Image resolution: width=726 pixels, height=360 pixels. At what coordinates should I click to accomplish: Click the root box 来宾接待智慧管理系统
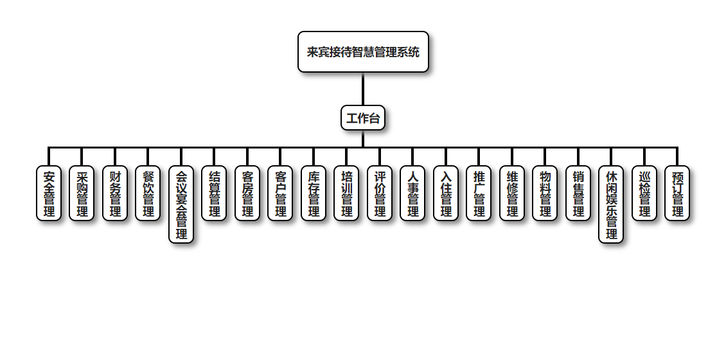pyautogui.click(x=363, y=52)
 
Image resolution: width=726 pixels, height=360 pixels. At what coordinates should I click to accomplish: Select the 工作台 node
pyautogui.click(x=363, y=118)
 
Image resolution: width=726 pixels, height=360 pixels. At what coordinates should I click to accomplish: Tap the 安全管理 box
pyautogui.click(x=49, y=194)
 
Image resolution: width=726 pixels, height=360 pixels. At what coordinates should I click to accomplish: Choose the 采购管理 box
pyautogui.click(x=82, y=194)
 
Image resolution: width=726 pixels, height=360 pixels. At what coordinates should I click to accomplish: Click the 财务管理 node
pyautogui.click(x=115, y=194)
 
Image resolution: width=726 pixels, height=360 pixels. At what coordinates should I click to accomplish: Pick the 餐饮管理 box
pyautogui.click(x=148, y=194)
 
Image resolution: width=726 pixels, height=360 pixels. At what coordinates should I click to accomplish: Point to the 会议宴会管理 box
pyautogui.click(x=181, y=204)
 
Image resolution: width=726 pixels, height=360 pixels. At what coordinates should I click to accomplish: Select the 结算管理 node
pyautogui.click(x=214, y=194)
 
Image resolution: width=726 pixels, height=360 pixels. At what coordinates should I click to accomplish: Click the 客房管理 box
pyautogui.click(x=247, y=194)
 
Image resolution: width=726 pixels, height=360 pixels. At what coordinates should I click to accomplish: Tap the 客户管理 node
pyautogui.click(x=280, y=194)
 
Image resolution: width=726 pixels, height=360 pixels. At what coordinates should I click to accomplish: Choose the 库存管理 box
pyautogui.click(x=314, y=194)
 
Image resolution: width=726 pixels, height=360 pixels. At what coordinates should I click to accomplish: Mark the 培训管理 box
pyautogui.click(x=346, y=194)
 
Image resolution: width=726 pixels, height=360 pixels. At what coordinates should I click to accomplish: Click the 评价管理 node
pyautogui.click(x=380, y=194)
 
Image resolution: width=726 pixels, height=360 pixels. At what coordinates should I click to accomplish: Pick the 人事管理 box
pyautogui.click(x=412, y=194)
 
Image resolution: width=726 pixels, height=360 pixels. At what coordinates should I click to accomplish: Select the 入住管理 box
pyautogui.click(x=446, y=194)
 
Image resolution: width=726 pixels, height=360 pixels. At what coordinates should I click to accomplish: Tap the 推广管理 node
pyautogui.click(x=479, y=194)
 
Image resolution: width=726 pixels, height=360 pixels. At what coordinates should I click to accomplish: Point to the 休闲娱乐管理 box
pyautogui.click(x=611, y=204)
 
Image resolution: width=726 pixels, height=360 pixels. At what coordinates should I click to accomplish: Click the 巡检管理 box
pyautogui.click(x=644, y=194)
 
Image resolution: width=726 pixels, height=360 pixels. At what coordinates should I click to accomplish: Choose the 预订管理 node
pyautogui.click(x=677, y=194)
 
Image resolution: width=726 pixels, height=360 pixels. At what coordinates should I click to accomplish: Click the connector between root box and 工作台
pyautogui.click(x=363, y=89)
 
